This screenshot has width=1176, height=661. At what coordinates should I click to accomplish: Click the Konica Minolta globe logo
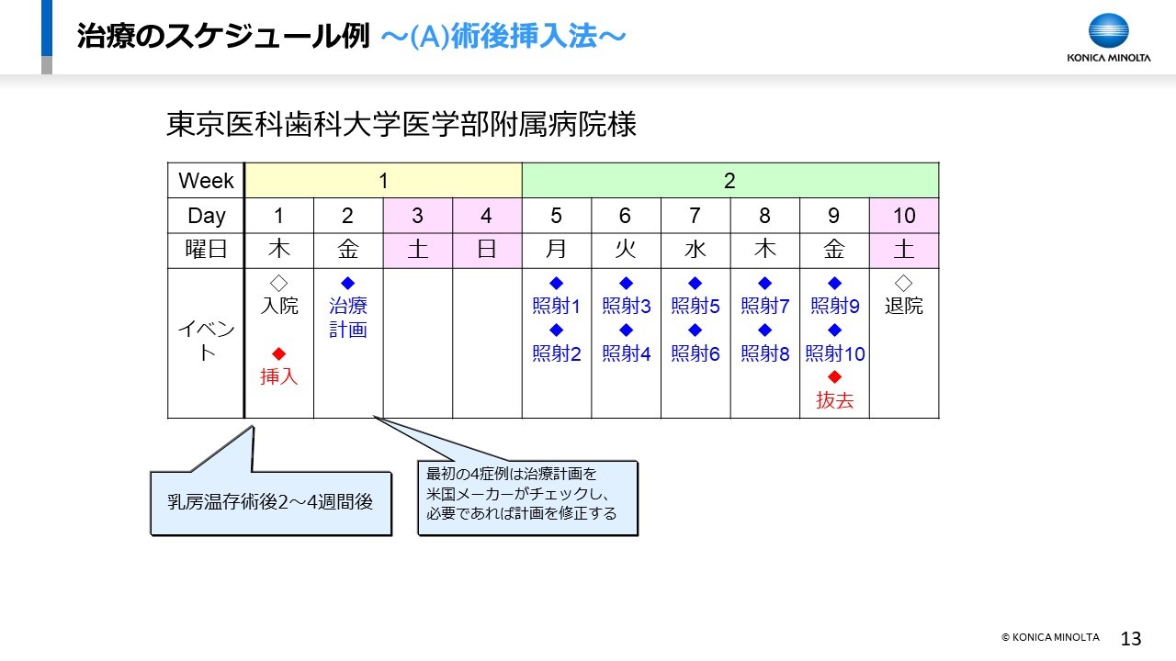[1108, 30]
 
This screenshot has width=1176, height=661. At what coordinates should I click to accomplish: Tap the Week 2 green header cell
[730, 181]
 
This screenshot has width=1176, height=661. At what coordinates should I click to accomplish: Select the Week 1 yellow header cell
[383, 181]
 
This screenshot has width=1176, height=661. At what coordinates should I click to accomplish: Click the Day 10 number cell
[904, 216]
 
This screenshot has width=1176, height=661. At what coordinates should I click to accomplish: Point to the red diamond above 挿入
[278, 353]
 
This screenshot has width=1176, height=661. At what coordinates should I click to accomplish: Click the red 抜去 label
[835, 400]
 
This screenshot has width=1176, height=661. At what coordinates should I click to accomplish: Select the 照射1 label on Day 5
[556, 306]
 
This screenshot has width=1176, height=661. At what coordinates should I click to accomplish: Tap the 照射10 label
[835, 353]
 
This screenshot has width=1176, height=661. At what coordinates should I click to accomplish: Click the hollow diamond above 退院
[903, 284]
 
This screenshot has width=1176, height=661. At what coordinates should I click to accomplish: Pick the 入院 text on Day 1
[279, 306]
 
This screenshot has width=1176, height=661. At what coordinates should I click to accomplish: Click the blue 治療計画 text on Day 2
[348, 318]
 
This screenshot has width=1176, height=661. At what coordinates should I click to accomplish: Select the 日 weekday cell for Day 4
[487, 249]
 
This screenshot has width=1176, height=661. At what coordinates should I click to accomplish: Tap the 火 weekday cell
[626, 249]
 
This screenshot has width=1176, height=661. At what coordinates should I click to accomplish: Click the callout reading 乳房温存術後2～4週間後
[271, 502]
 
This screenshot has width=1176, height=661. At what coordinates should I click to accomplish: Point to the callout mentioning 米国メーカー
[527, 498]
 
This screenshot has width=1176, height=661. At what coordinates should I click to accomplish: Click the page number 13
[1131, 638]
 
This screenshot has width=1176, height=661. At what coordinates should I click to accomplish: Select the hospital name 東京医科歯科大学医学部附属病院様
[401, 124]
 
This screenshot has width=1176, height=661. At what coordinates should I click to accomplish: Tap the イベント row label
[207, 341]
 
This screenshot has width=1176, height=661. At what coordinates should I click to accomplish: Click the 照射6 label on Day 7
[695, 353]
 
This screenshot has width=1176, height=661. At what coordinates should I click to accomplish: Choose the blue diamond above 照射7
[765, 284]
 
